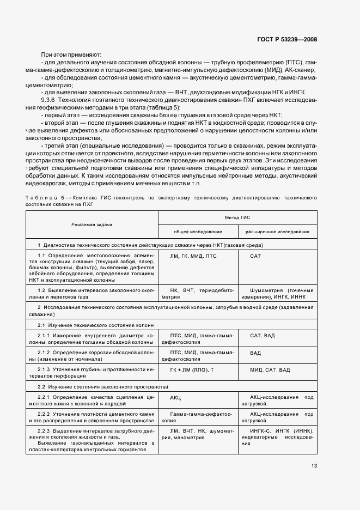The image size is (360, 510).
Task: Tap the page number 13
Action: coord(314,465)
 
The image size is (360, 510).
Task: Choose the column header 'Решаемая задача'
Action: coord(90,224)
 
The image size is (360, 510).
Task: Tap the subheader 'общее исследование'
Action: coord(193,232)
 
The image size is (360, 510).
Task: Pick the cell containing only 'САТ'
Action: coord(255,256)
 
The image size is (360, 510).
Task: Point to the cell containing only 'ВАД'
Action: coord(255,353)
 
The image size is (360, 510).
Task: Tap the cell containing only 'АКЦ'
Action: coord(175,398)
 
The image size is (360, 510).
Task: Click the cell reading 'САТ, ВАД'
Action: coord(263,335)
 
